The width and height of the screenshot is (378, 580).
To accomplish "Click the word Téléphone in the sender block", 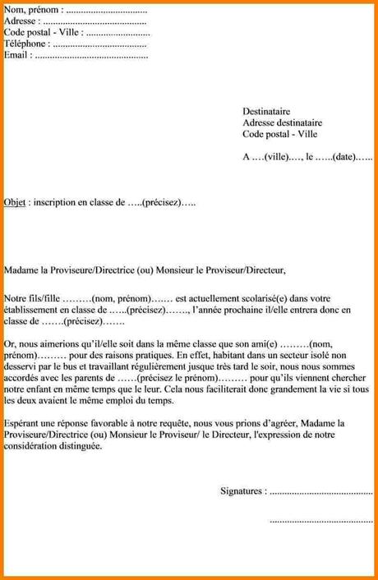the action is pyautogui.click(x=26, y=44).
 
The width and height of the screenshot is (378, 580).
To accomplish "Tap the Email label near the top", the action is pyautogui.click(x=17, y=55).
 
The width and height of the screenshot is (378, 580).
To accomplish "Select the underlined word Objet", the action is pyautogui.click(x=14, y=201).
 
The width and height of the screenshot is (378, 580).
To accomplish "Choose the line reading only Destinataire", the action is pyautogui.click(x=266, y=111).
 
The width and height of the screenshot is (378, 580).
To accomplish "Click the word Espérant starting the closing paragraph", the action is pyautogui.click(x=24, y=422).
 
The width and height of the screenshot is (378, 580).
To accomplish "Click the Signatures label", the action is pyautogui.click(x=243, y=491).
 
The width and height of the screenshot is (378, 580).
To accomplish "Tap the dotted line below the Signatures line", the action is pyautogui.click(x=321, y=519).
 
